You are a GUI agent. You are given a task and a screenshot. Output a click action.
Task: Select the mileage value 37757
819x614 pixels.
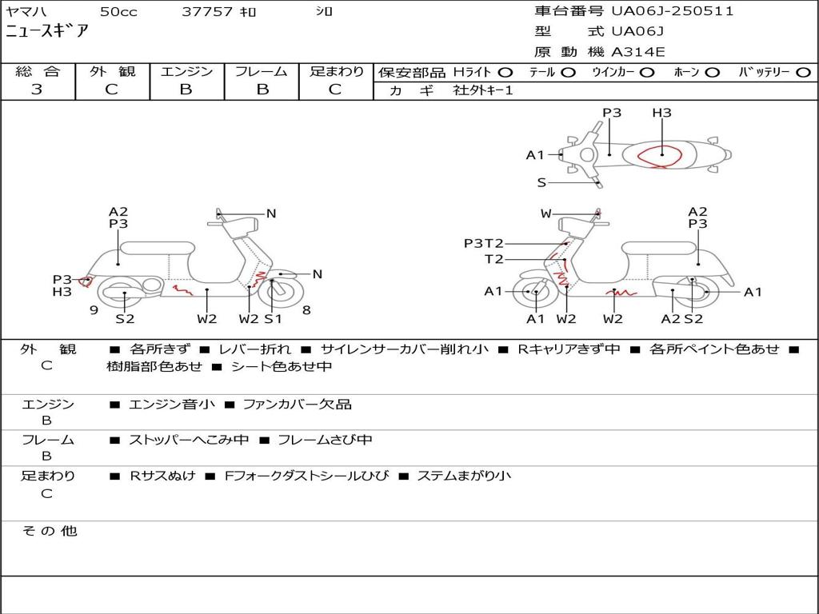point(207,12)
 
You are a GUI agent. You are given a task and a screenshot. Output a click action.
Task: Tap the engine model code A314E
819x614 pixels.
point(638,53)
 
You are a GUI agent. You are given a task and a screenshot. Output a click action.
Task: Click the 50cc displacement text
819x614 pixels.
point(118,12)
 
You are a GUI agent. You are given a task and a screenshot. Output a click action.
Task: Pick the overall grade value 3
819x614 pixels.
point(37,90)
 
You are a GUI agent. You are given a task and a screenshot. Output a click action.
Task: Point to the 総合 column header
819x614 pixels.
point(38,72)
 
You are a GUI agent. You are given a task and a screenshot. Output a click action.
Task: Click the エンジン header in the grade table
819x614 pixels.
point(186,72)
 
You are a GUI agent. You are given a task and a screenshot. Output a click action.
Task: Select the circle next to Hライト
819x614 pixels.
point(505,73)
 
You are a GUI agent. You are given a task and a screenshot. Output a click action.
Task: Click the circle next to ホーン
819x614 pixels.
point(713,73)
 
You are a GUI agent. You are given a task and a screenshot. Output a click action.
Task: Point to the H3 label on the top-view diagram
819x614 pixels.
point(661,113)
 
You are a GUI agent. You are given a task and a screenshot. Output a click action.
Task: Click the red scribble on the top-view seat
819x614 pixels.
point(661,157)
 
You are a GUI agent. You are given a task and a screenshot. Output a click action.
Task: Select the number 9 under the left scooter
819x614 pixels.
point(94,309)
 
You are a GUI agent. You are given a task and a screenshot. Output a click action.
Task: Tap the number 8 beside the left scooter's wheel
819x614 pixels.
point(306,309)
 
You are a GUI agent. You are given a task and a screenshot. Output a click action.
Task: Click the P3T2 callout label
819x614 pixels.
point(484,243)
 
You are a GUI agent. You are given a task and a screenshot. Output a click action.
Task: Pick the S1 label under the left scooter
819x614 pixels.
point(274,319)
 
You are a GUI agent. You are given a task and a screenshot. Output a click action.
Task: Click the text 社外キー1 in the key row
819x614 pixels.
point(483,90)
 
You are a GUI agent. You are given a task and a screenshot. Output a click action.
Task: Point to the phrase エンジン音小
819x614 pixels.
point(171,405)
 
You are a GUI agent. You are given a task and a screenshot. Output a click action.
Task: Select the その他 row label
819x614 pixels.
point(49,531)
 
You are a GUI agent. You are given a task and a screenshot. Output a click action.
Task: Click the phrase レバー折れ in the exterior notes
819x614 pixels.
point(254,349)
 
